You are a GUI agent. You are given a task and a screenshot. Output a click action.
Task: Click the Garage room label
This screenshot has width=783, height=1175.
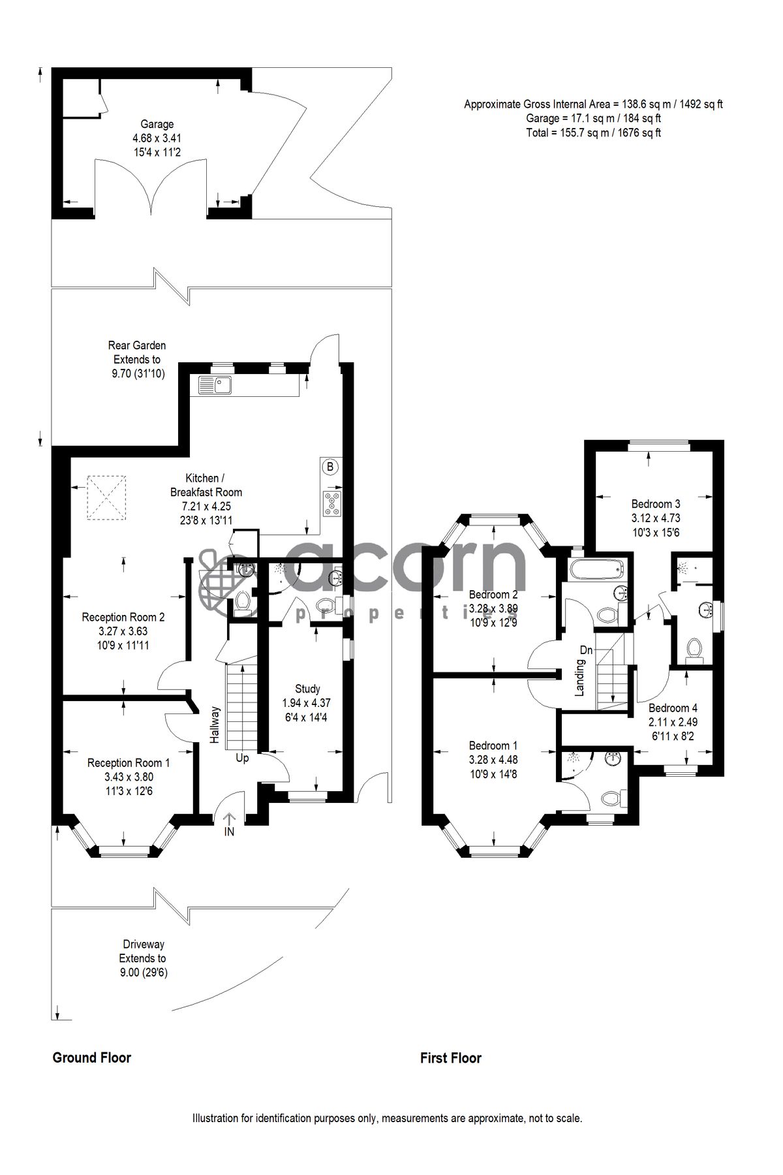157,124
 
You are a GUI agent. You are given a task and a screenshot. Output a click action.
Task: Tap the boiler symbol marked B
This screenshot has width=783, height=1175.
330,467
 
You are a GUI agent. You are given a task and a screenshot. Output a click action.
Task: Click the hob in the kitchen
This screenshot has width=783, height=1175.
331,503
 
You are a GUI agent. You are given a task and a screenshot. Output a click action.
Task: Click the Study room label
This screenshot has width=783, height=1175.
307,689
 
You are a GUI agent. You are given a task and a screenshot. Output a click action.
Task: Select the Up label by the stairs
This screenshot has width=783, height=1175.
242,759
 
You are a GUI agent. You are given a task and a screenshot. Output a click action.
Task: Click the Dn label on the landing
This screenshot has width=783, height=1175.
587,651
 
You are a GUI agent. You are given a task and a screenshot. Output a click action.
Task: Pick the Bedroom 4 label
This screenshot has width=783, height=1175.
673,708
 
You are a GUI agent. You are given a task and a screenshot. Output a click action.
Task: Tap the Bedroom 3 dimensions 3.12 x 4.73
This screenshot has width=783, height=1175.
655,518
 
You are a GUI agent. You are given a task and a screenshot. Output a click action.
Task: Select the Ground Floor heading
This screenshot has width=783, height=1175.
92,1058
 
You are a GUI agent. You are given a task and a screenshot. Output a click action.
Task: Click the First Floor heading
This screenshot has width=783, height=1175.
451,1058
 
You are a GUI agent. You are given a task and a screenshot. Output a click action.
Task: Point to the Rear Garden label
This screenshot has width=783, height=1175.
137,345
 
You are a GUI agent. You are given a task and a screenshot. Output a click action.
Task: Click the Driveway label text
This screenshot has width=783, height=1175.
143,945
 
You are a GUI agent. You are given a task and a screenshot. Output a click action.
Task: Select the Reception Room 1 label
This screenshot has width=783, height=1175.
129,762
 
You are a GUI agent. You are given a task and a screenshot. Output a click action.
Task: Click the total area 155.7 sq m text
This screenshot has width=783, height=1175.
593,133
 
